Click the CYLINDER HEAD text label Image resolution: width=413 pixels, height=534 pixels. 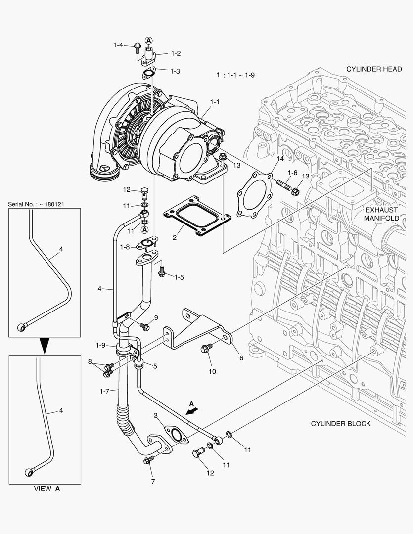[373, 69]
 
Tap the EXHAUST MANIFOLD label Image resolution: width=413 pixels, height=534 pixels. [381, 213]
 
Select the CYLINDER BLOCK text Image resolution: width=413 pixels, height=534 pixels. [340, 424]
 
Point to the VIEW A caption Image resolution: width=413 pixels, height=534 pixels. [47, 489]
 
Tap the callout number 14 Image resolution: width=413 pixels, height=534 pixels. [280, 159]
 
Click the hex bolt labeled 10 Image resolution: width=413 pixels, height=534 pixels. [207, 349]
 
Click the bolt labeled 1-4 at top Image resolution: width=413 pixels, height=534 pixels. [137, 48]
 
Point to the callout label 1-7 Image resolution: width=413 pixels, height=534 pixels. [104, 391]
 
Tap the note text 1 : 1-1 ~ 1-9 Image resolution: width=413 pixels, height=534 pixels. [235, 75]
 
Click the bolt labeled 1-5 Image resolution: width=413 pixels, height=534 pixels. [162, 271]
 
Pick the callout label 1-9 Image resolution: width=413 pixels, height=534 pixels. [101, 345]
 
